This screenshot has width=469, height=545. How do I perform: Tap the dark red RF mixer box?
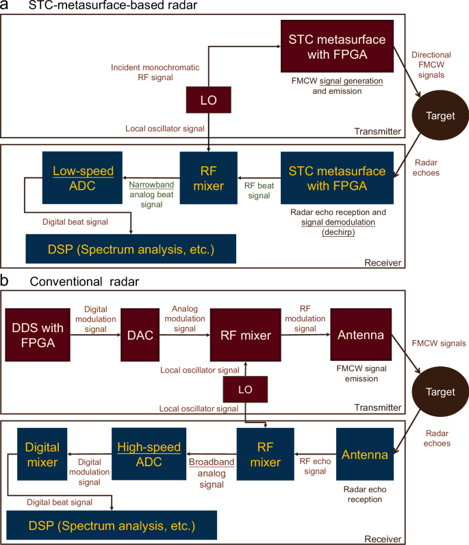(x=246, y=335)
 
